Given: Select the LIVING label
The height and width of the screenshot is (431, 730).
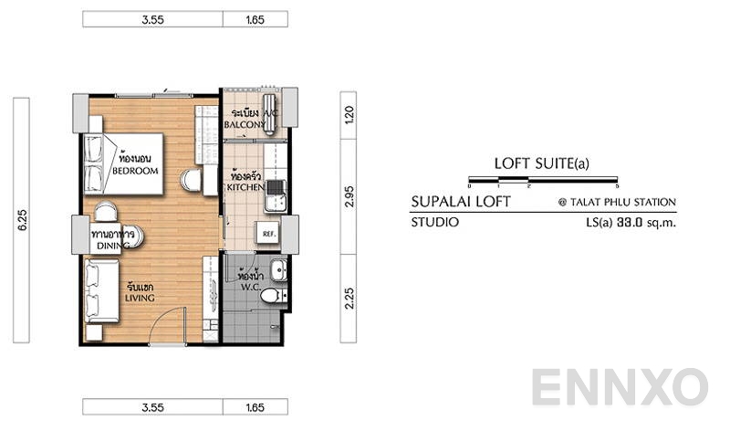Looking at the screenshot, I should tap(140, 298).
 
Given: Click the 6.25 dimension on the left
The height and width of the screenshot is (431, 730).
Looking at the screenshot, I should tap(21, 219).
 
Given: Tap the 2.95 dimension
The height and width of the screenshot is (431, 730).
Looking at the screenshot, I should tap(349, 195).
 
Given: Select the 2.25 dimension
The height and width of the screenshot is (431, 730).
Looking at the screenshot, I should tap(349, 299).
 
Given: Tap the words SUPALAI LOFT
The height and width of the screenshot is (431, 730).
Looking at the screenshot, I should tap(461, 202).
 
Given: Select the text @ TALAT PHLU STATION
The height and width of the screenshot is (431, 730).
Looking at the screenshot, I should tap(617, 203).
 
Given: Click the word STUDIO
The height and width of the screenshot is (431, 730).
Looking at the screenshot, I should tap(435, 222).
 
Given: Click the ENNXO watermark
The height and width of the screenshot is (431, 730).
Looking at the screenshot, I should tap(620, 388).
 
